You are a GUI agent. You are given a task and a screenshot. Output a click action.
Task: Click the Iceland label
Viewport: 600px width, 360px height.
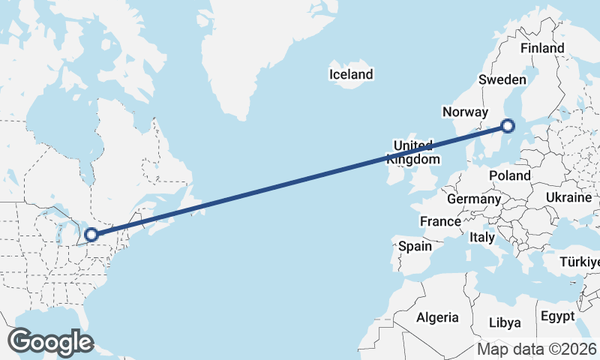click(x=351, y=74)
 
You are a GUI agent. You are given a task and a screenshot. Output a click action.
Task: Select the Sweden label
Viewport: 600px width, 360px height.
click(x=502, y=79)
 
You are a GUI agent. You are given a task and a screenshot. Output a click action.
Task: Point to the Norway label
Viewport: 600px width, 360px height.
click(x=466, y=112)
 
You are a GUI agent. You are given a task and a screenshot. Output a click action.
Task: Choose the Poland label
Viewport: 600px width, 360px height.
click(x=509, y=175)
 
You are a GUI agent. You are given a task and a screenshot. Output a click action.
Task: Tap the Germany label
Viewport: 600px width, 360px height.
click(x=473, y=199)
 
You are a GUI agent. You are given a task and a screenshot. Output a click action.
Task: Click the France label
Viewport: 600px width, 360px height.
click(x=440, y=222)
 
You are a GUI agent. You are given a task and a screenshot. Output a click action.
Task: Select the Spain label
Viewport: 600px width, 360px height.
click(x=415, y=246)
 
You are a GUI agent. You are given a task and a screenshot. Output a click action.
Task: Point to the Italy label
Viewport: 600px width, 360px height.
click(x=482, y=237)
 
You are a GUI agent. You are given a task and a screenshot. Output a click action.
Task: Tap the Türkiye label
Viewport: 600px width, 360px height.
click(x=580, y=262)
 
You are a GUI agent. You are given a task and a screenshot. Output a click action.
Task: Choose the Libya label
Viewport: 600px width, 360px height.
click(x=504, y=322)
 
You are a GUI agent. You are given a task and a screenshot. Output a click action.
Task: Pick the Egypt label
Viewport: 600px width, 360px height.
click(x=558, y=316)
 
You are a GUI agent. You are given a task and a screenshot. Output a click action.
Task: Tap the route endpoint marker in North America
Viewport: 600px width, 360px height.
click(x=91, y=235)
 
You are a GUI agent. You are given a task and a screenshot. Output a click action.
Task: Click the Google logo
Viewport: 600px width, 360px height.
click(x=51, y=341)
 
